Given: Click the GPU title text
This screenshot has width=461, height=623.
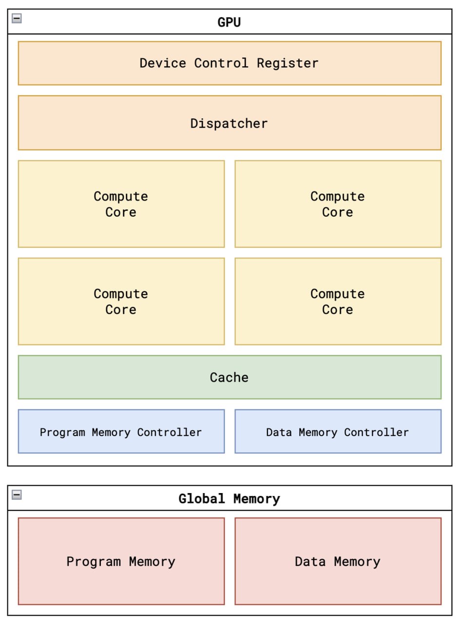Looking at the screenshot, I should click(229, 22).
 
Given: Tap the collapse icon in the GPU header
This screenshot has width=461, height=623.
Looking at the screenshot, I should click(17, 18).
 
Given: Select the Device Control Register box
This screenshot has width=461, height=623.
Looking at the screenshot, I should click(230, 63).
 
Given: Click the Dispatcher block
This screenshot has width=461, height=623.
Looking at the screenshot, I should click(230, 123).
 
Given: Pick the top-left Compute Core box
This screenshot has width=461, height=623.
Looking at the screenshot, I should click(121, 204).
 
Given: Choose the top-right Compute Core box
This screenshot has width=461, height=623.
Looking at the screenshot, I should click(338, 204).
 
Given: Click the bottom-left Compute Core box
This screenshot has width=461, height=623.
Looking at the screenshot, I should click(121, 301).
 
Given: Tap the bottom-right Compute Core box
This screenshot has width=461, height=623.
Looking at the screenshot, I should click(338, 301).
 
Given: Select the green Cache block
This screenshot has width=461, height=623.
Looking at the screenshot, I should click(230, 377).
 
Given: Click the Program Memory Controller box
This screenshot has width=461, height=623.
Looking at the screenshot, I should click(121, 432).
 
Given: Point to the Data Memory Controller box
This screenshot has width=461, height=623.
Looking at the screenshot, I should click(338, 432).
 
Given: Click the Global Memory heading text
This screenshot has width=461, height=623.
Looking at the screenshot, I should click(229, 499).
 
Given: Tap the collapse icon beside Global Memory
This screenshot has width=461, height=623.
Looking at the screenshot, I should click(17, 495).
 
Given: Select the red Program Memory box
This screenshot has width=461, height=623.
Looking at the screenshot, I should click(121, 561).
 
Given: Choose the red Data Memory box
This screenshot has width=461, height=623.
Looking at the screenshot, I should click(338, 561).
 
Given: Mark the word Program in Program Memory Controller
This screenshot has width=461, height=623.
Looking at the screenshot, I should click(62, 432).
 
